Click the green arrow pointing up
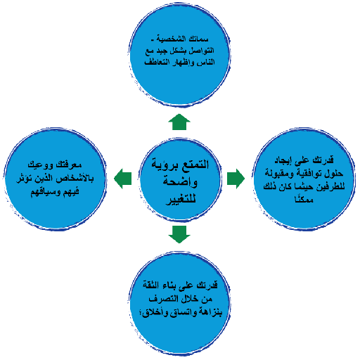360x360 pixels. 179,124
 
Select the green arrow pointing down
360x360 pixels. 179,233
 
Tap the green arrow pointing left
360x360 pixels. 124,179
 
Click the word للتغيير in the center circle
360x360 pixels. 181,198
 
